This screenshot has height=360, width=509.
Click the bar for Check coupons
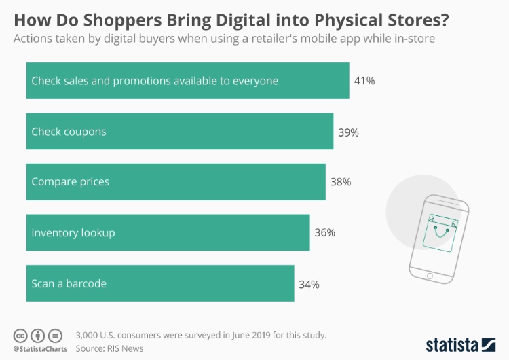click(x=179, y=132)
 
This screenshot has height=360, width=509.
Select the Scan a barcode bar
click(x=159, y=283)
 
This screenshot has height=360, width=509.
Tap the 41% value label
click(x=364, y=81)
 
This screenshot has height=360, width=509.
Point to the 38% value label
click(x=341, y=182)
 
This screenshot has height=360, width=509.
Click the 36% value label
click(x=324, y=232)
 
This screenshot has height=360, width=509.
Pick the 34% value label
click(x=309, y=283)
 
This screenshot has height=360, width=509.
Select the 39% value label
click(x=348, y=132)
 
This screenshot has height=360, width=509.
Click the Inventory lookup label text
click(x=73, y=232)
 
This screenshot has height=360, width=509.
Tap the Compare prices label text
click(x=70, y=182)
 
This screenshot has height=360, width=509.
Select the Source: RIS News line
click(x=109, y=348)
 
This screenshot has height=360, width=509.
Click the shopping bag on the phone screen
click(x=439, y=232)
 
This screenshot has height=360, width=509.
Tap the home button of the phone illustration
click(x=428, y=275)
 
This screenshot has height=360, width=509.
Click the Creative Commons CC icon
click(x=20, y=336)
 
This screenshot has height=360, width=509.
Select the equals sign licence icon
click(x=56, y=336)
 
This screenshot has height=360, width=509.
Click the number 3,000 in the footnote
click(x=91, y=335)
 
